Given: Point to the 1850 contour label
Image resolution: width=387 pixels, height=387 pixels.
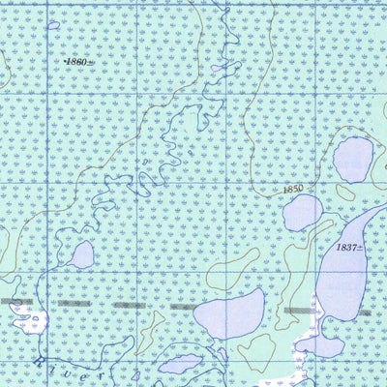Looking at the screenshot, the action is (294, 188).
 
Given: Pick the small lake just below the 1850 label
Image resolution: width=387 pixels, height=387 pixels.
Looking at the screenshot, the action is (303, 212).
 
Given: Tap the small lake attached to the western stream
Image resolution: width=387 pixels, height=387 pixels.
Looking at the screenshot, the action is (82, 255).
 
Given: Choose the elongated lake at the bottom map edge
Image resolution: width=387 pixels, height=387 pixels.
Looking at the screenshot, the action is (182, 365).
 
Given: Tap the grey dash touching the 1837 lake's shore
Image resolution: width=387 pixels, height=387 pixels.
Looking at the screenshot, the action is (301, 311).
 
